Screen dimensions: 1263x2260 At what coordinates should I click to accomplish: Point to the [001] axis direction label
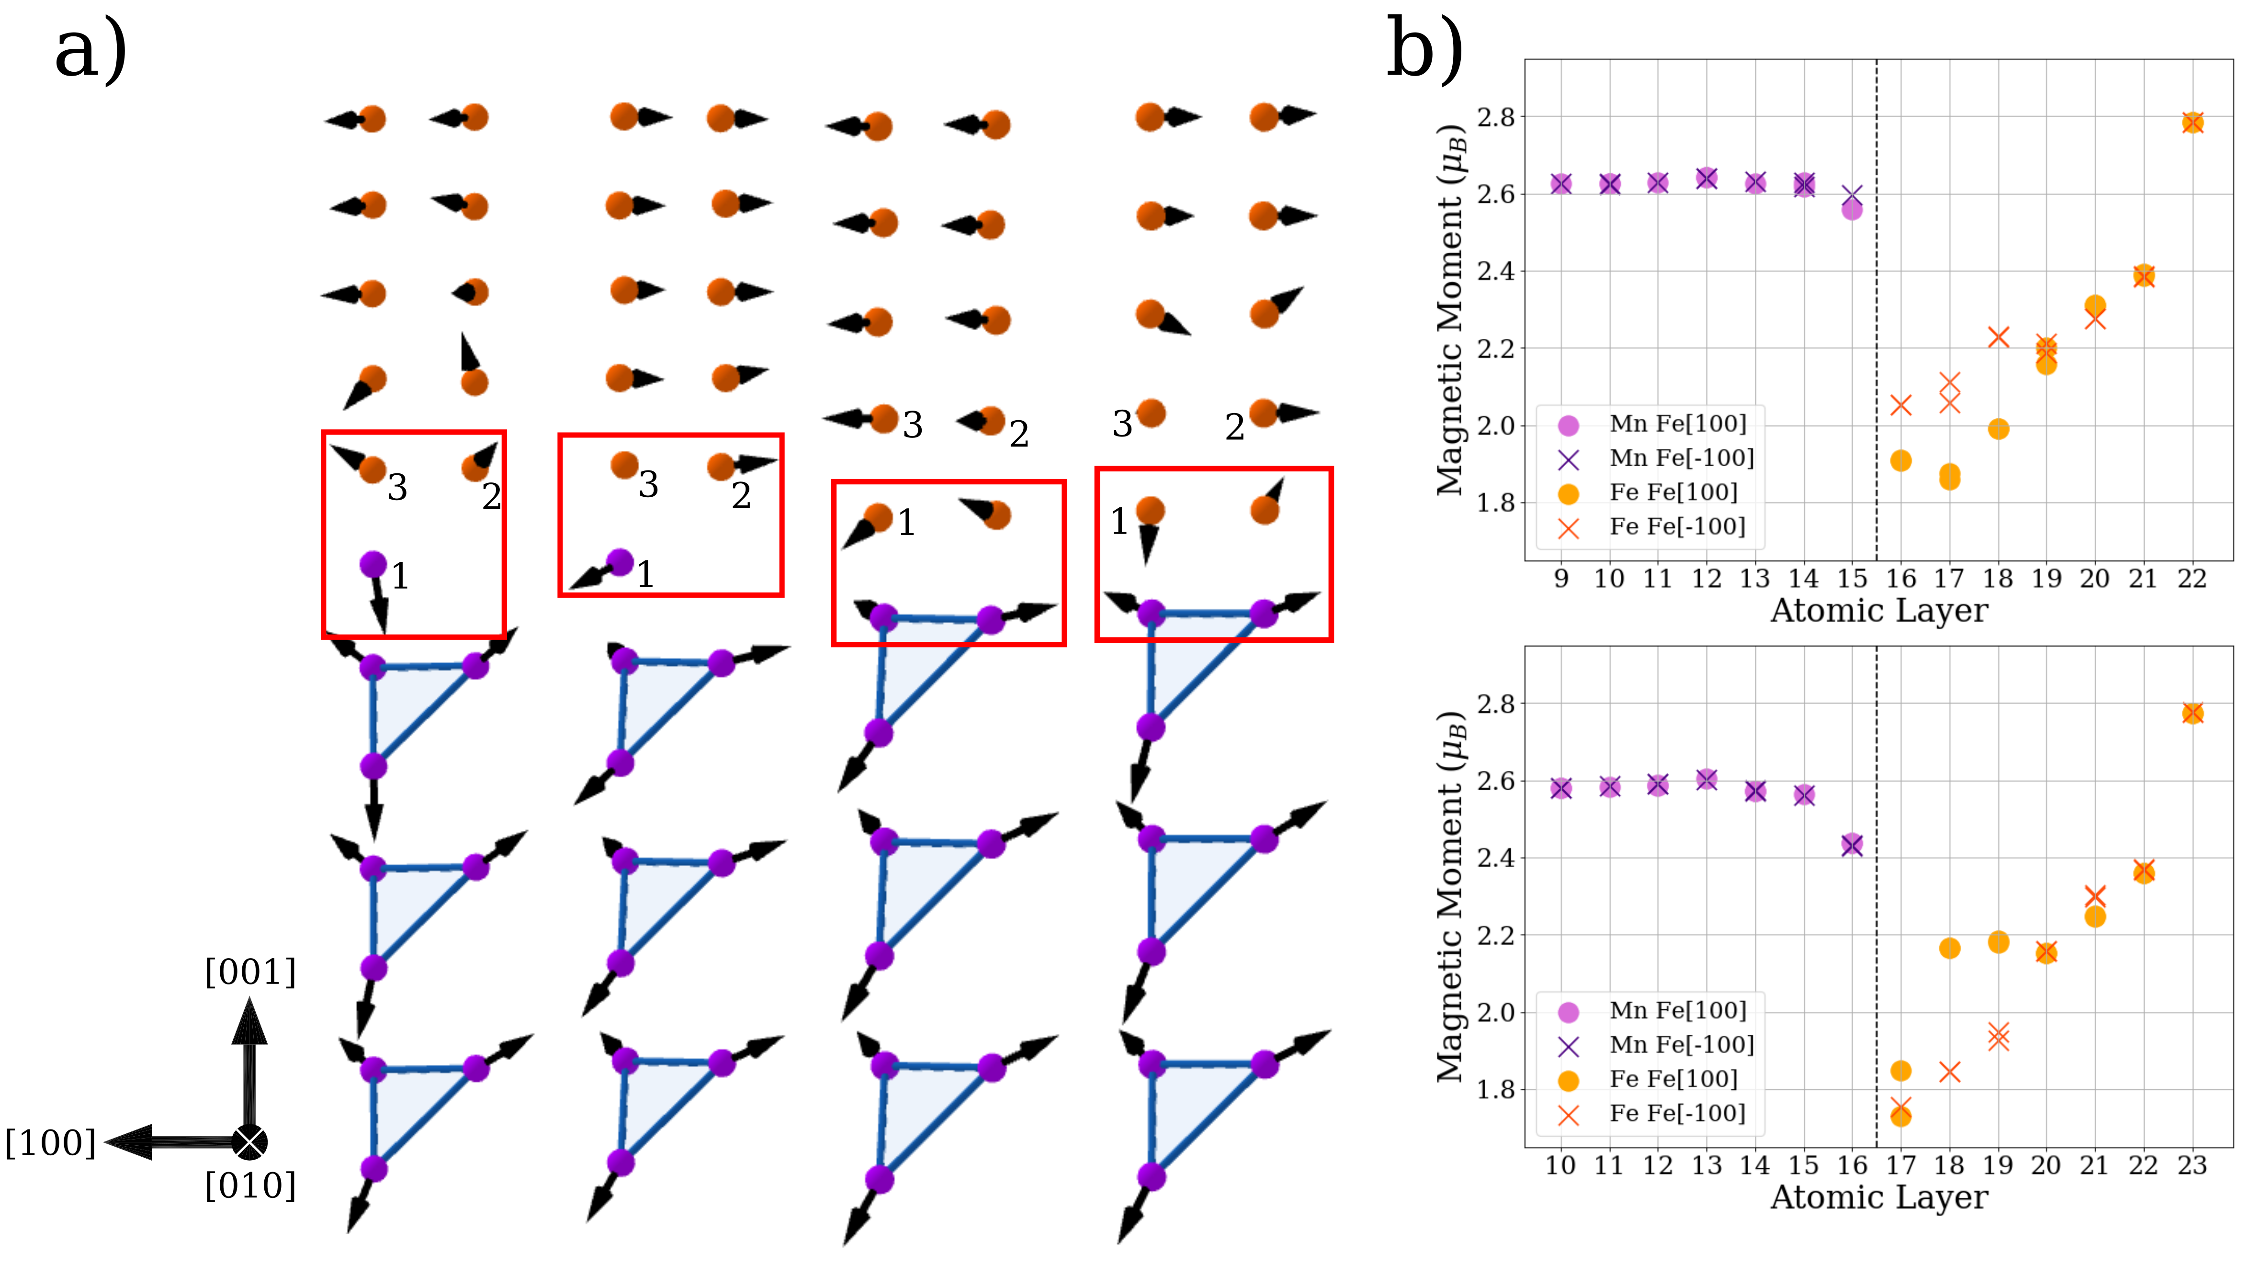[250, 972]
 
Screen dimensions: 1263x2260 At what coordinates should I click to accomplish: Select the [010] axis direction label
[250, 1186]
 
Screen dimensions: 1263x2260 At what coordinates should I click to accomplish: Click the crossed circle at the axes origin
[250, 1142]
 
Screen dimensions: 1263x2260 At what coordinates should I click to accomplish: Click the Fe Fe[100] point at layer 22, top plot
[2192, 123]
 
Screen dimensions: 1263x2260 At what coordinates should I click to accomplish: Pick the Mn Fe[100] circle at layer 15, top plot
[1851, 210]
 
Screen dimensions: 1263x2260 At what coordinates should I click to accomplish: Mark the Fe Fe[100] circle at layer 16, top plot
[1900, 460]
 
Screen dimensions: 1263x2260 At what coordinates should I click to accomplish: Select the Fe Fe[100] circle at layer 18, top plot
[1998, 429]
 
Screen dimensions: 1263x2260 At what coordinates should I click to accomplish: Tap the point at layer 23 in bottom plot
[2192, 713]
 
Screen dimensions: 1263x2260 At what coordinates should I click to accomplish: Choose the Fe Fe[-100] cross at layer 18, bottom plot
[1949, 1071]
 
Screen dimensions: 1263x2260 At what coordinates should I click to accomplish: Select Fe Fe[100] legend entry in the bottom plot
[1672, 1079]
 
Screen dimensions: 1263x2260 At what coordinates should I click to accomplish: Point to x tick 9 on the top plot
[1561, 579]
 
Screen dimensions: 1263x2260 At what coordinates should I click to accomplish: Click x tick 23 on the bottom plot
[2192, 1166]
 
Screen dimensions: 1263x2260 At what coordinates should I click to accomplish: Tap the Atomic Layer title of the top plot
[1878, 611]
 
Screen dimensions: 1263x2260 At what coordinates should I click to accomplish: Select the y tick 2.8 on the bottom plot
[1495, 704]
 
